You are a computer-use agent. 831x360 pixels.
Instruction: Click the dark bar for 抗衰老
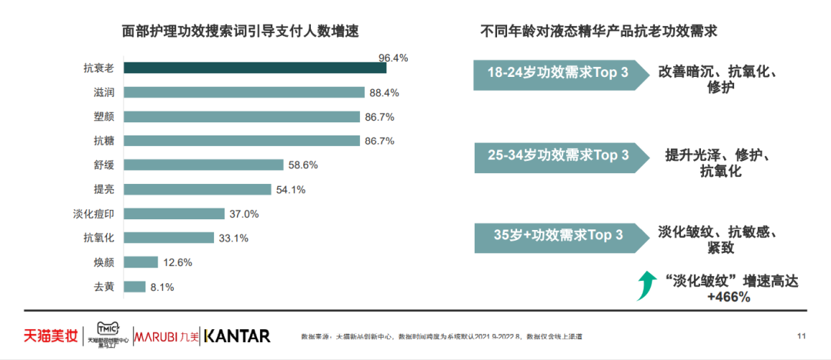255,68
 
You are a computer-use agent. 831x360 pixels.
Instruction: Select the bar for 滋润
244,92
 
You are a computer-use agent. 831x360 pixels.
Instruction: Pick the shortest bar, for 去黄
135,287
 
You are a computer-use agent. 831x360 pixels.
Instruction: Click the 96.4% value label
393,58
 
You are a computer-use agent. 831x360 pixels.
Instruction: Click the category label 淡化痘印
96,214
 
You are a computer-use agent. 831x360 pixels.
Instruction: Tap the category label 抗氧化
99,238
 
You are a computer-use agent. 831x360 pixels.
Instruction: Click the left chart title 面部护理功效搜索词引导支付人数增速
241,32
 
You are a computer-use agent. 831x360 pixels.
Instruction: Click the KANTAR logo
237,335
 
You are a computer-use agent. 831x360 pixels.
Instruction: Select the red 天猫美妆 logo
50,335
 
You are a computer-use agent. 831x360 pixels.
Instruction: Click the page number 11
801,335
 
